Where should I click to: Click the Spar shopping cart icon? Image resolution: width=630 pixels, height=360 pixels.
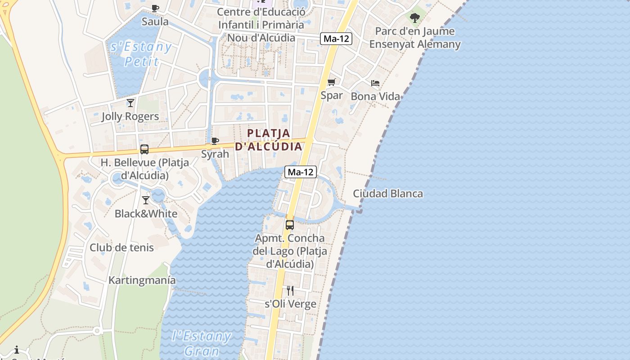[332, 82]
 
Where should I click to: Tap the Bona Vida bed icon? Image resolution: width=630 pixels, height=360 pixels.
[375, 83]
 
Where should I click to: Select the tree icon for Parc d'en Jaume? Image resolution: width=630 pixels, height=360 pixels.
[415, 18]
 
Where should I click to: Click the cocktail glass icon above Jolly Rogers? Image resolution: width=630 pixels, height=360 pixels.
[130, 103]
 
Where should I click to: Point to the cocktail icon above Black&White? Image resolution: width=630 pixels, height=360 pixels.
[146, 200]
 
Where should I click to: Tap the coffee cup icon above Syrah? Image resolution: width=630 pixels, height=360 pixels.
[215, 141]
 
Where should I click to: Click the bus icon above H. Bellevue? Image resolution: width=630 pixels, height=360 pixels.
[144, 149]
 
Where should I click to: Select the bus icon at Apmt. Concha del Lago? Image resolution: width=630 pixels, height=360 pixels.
[290, 225]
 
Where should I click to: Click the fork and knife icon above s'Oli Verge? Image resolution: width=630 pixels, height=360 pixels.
[290, 291]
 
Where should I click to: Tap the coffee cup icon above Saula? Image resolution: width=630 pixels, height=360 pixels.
[155, 8]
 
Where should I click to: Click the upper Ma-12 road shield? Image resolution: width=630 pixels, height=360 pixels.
[336, 39]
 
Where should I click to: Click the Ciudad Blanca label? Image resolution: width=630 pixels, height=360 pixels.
[387, 194]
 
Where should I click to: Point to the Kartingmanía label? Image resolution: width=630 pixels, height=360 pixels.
[142, 280]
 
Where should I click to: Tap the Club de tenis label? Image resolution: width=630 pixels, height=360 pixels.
[121, 247]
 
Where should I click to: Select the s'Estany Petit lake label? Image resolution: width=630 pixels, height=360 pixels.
[141, 54]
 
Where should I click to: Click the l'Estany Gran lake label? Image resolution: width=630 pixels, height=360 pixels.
[202, 343]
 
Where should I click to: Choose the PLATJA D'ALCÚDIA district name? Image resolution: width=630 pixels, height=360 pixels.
[269, 140]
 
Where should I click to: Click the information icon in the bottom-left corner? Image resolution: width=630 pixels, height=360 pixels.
[17, 350]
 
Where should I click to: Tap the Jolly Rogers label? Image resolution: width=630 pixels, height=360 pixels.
[130, 117]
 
